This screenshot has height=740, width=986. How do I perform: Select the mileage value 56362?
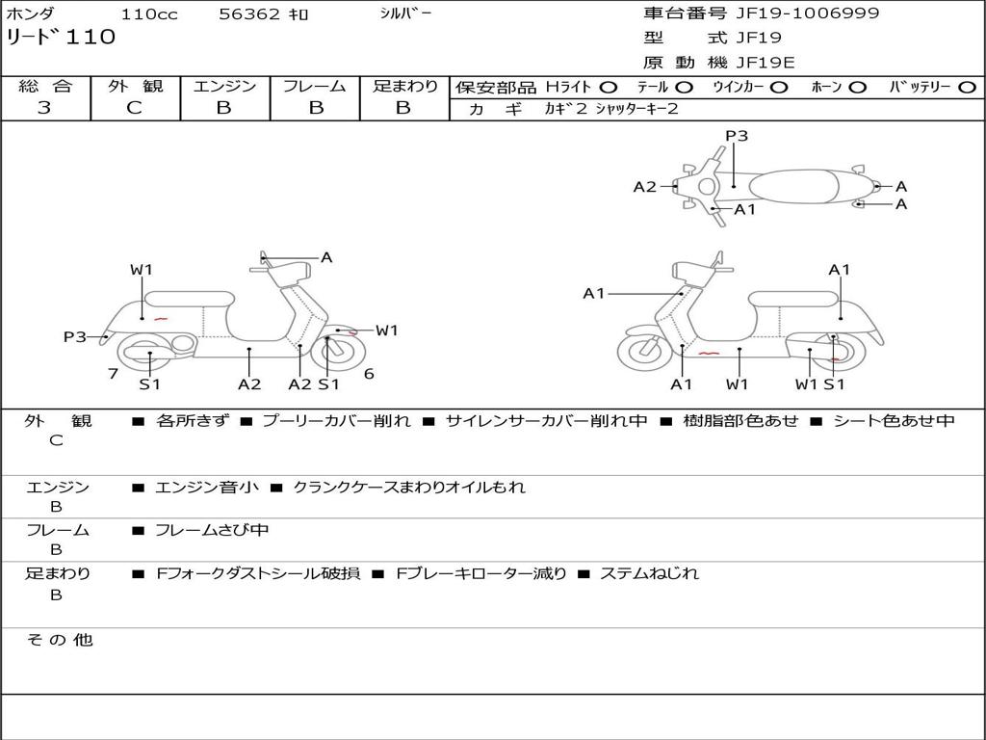(248, 14)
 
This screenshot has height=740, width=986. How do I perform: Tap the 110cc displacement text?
(149, 14)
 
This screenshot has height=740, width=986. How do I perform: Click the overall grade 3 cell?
(44, 108)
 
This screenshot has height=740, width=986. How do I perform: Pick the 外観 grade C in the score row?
(134, 108)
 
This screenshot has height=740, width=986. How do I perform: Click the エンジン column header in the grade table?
(224, 86)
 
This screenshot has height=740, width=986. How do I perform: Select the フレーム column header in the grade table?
(315, 86)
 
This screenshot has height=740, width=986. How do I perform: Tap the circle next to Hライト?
(609, 87)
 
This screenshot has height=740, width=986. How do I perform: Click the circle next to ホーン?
(858, 87)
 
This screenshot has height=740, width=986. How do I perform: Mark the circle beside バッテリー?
(968, 87)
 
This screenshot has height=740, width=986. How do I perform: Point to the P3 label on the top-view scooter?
(737, 136)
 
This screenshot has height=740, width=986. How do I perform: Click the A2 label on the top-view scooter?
(644, 187)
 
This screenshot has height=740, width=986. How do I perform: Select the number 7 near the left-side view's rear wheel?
(113, 373)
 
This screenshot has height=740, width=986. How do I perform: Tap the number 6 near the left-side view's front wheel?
(369, 373)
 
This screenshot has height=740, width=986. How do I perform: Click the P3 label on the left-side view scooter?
(75, 336)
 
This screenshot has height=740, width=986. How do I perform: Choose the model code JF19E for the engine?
(765, 63)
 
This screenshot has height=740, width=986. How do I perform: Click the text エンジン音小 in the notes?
(207, 488)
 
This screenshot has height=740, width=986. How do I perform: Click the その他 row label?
(59, 640)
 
